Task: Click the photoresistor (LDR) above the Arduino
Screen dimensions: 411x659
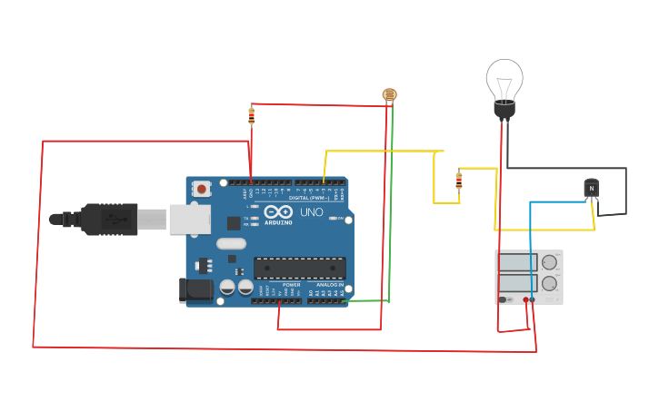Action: (x=390, y=94)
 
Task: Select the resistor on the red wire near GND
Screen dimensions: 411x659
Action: (x=252, y=116)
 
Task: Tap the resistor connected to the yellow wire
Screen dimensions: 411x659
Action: (x=458, y=181)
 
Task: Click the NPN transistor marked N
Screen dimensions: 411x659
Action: (x=592, y=188)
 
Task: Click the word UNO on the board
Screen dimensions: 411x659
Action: (x=312, y=212)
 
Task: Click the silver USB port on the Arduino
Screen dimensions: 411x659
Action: (x=190, y=220)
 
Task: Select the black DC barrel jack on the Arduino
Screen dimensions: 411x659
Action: (x=196, y=290)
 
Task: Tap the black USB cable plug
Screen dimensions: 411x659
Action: (x=109, y=219)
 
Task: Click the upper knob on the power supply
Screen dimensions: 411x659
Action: (x=549, y=263)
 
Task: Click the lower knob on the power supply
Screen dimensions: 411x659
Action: (x=549, y=283)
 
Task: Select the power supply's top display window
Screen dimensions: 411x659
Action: (x=517, y=262)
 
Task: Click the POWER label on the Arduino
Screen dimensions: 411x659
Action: (x=291, y=285)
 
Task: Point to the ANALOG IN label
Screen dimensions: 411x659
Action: (x=330, y=285)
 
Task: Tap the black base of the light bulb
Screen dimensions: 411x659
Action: (x=504, y=110)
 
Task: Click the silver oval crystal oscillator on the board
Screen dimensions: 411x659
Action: (x=232, y=243)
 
